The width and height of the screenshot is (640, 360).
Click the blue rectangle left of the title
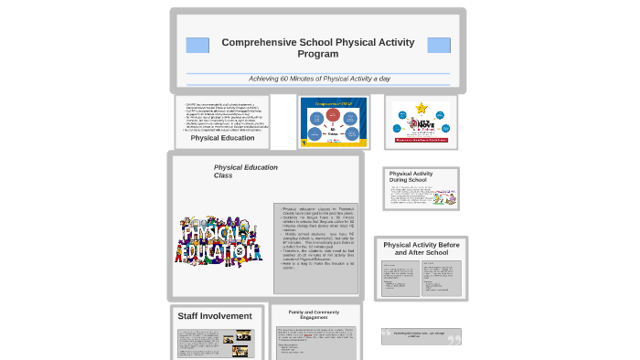click(x=197, y=45)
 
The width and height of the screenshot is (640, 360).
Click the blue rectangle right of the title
click(x=439, y=45)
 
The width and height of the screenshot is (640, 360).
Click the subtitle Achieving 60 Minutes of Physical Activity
click(x=318, y=79)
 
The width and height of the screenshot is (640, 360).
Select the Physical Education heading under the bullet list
click(x=223, y=138)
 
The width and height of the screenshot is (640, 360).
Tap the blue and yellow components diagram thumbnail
click(x=333, y=121)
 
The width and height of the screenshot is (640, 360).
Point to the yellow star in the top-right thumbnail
click(x=421, y=108)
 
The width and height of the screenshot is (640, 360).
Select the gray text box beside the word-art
click(x=315, y=237)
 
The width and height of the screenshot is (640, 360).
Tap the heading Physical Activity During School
click(x=411, y=176)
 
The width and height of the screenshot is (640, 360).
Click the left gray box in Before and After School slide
click(x=400, y=278)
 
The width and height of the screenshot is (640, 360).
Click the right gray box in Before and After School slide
click(x=443, y=278)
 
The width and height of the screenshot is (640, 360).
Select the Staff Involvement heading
click(x=215, y=316)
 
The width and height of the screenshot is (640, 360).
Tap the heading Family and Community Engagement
click(x=314, y=315)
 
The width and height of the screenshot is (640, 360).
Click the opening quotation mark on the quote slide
click(x=388, y=334)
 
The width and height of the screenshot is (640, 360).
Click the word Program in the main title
click(x=318, y=55)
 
